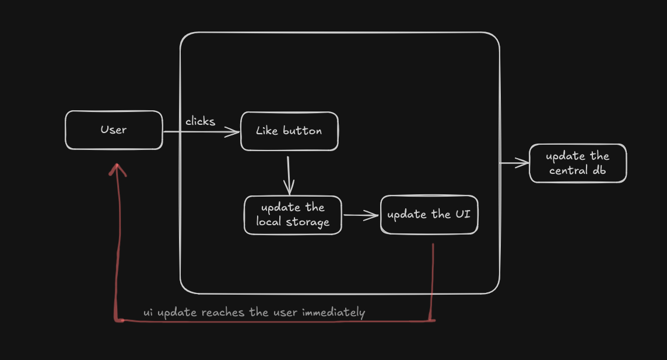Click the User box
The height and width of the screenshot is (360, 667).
114,130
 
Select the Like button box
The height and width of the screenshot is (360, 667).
289,131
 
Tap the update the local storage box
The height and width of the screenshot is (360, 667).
293,215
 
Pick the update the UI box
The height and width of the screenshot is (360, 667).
429,215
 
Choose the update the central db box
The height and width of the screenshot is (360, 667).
578,163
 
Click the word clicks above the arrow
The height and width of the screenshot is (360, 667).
200,121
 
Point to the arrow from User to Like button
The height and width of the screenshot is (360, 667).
201,132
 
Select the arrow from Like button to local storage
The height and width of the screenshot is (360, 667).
288,174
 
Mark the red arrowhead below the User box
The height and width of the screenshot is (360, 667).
118,169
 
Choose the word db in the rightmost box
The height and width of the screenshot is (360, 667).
599,170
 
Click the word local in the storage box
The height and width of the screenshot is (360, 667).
269,222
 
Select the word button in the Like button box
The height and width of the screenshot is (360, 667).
302,131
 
